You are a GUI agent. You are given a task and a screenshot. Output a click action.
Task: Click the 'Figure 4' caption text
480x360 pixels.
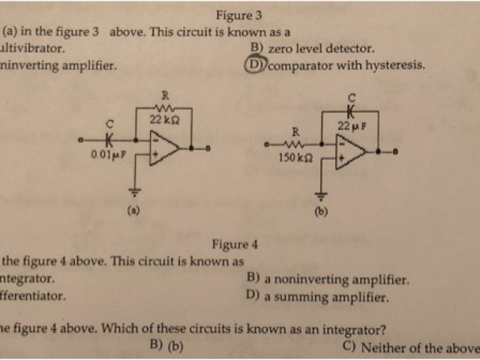[x=235, y=244]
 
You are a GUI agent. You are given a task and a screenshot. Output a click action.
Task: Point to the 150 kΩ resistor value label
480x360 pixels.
[x=293, y=159]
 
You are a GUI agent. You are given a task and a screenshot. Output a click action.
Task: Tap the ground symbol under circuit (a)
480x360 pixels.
[x=136, y=190]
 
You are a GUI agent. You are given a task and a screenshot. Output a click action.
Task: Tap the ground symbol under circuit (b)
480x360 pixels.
[x=322, y=197]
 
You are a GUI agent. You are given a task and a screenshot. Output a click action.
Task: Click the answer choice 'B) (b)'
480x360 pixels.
[x=166, y=346]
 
